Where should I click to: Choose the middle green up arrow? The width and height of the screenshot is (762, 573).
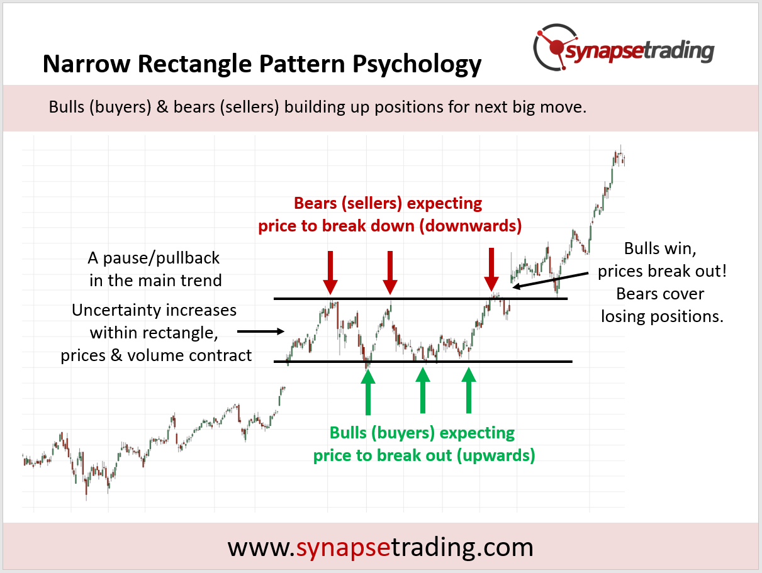[423, 390]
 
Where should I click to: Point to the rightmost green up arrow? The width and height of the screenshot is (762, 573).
[468, 390]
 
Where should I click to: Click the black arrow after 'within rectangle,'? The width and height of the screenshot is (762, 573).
[261, 330]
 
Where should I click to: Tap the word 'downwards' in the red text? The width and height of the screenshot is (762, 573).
[471, 226]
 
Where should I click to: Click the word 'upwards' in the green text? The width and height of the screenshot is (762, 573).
[495, 455]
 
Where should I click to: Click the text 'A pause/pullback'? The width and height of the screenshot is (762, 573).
[155, 258]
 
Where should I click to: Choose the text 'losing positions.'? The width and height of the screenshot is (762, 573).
[662, 316]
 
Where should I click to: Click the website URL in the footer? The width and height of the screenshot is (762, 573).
[380, 547]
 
